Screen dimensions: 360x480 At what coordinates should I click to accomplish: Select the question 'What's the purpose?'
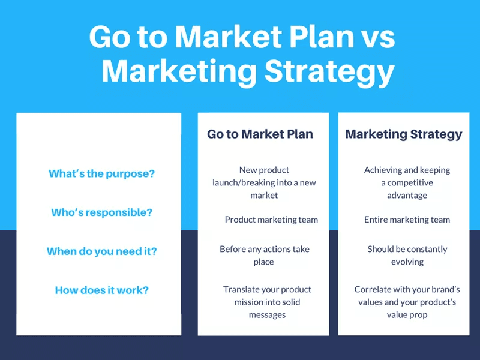coord(101,174)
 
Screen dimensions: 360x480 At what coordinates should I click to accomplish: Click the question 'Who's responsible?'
coord(101,212)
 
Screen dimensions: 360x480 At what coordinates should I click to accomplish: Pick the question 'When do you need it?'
coord(101,251)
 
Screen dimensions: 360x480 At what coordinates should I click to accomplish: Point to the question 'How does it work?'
coord(101,290)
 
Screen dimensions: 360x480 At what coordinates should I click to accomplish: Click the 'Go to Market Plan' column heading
coord(260,134)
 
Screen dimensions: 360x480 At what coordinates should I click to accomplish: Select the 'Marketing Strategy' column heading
coord(403,134)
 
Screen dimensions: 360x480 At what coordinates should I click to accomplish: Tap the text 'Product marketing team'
coord(271,220)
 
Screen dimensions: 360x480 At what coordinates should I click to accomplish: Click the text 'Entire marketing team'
coord(407,220)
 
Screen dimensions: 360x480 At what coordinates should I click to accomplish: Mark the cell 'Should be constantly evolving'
coord(407,255)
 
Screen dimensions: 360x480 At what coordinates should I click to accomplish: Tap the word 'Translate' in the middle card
coord(241,289)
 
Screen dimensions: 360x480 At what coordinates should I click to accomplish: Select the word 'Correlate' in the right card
coord(373,289)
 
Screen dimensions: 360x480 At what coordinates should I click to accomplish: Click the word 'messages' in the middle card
coord(267,314)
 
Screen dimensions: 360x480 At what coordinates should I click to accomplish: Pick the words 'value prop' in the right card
coord(407,314)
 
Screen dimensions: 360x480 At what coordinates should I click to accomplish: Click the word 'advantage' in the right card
coord(407,195)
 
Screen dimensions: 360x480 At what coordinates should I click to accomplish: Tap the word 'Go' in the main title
coord(109,37)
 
